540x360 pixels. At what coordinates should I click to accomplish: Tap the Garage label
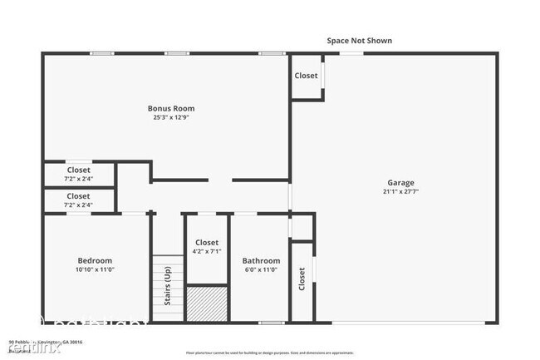[x=400, y=183]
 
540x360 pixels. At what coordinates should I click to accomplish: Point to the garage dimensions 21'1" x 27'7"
[x=400, y=192]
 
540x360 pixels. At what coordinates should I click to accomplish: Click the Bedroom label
[x=95, y=260]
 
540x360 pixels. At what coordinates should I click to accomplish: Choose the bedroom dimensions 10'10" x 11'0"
[x=95, y=269]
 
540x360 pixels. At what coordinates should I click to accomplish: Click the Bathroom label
[x=260, y=260]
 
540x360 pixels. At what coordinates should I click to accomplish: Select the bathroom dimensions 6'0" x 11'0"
[x=260, y=269]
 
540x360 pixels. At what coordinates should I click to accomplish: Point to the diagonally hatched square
[x=206, y=303]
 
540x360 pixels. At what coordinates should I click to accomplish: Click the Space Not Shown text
[x=358, y=40]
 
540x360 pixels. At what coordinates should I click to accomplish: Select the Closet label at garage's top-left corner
[x=306, y=76]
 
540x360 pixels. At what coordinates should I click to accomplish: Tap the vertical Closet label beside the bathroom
[x=301, y=283]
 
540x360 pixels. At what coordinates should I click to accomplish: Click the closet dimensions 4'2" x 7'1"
[x=207, y=251]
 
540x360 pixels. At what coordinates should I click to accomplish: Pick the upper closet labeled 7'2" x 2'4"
[x=79, y=175]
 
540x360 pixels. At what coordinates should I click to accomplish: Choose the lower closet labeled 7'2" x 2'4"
[x=79, y=200]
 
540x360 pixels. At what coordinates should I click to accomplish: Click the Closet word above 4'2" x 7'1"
[x=207, y=242]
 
